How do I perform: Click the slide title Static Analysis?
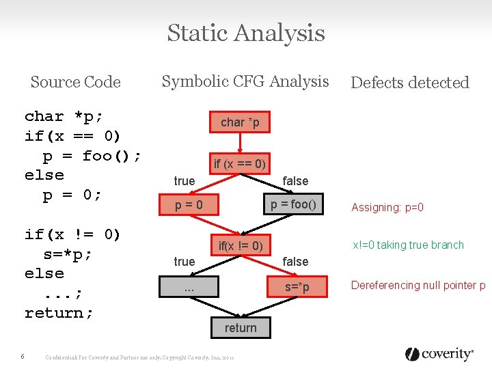click(x=246, y=33)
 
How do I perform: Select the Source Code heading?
click(x=75, y=83)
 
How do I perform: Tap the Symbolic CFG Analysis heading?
click(x=245, y=82)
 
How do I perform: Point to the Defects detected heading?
click(x=409, y=83)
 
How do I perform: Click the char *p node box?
click(x=239, y=122)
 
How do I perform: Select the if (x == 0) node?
click(x=239, y=164)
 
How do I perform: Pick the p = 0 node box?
click(x=189, y=205)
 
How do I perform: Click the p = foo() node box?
click(x=293, y=205)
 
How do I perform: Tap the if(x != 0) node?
click(x=241, y=245)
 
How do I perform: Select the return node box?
click(x=241, y=328)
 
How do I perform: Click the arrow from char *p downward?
click(x=239, y=142)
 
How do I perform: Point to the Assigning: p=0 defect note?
click(x=387, y=207)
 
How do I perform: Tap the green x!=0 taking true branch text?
click(x=408, y=245)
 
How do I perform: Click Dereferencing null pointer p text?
click(x=418, y=286)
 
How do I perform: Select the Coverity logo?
click(x=439, y=354)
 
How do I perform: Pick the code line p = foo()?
click(x=92, y=156)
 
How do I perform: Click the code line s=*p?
click(x=67, y=254)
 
